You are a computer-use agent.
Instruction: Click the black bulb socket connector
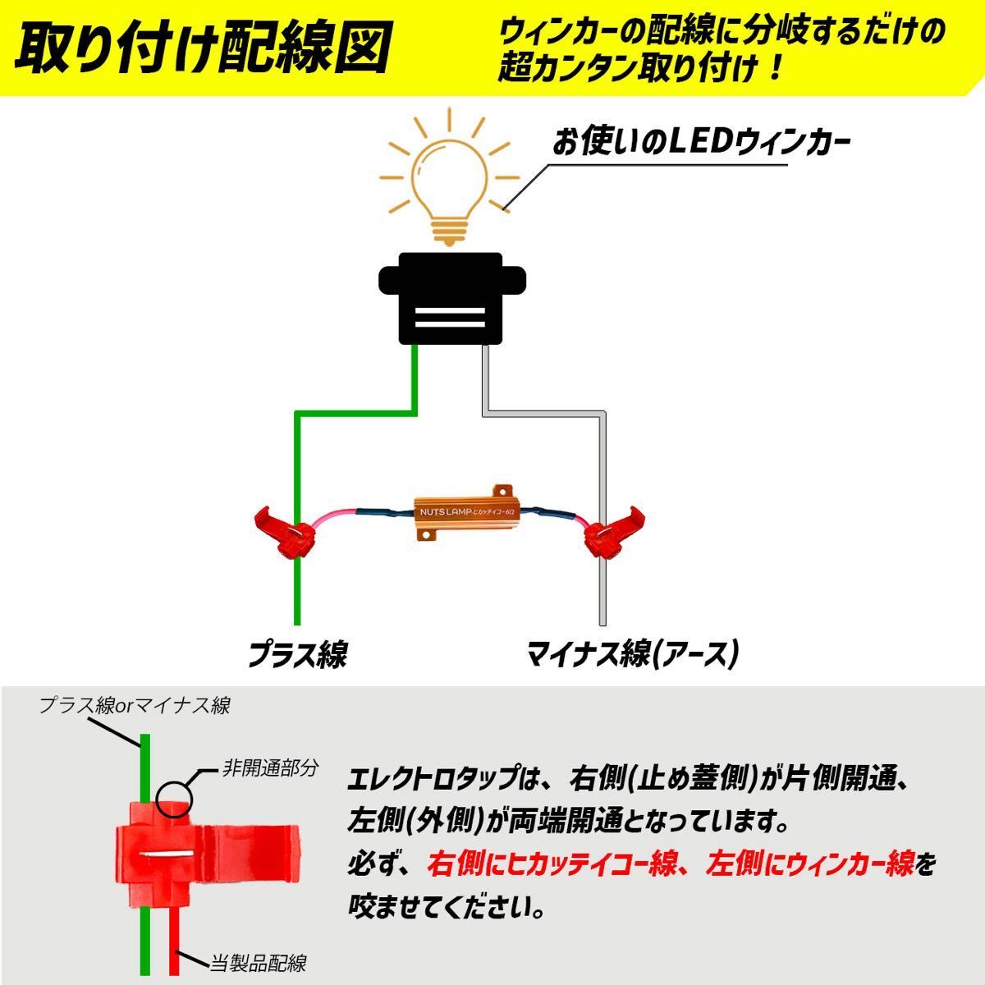click(450, 297)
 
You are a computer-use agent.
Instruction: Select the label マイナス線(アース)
click(633, 654)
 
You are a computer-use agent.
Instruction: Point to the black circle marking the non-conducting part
click(173, 796)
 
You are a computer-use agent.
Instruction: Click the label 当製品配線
click(258, 962)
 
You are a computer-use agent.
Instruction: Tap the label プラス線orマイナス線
click(135, 705)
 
